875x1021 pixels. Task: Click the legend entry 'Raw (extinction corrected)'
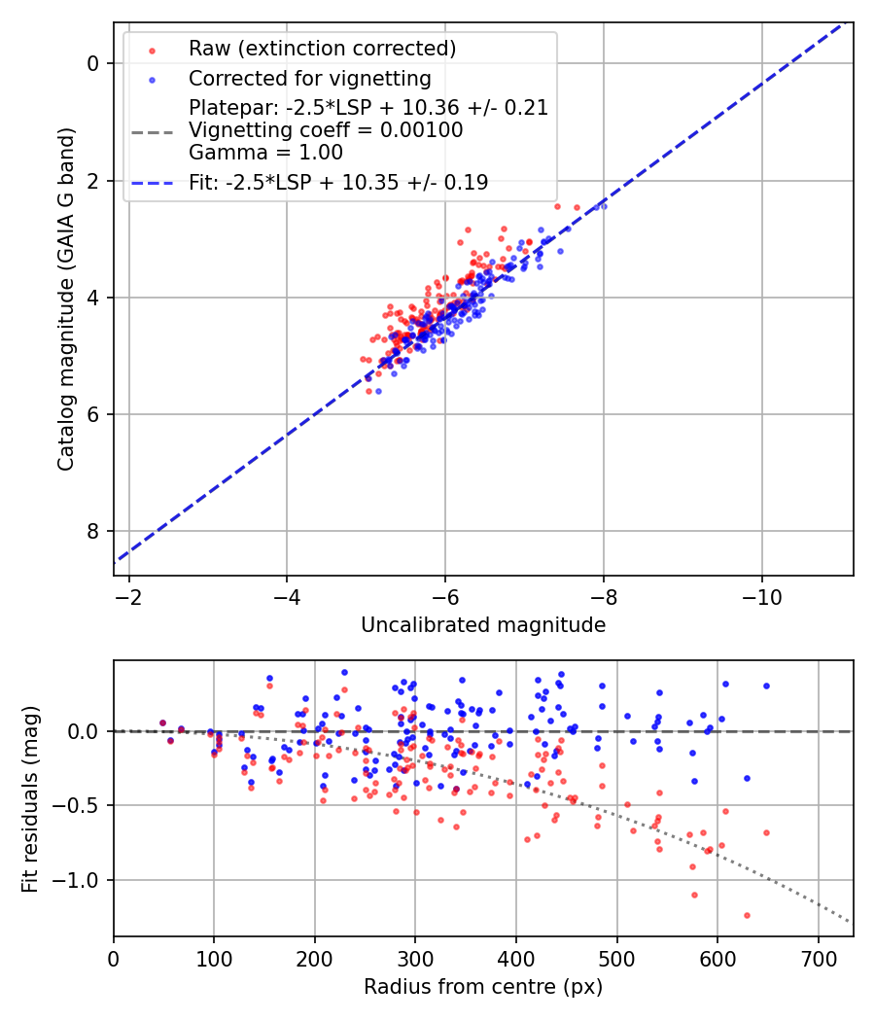tap(322, 49)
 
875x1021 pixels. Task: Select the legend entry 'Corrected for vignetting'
tap(309, 78)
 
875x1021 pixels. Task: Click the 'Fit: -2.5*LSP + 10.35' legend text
tap(338, 182)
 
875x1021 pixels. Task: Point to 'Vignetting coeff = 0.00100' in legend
tap(326, 130)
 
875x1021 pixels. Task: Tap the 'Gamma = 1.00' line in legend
tap(265, 153)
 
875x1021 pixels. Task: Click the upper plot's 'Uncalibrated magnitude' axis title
tap(483, 625)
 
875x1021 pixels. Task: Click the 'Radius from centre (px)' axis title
tap(483, 987)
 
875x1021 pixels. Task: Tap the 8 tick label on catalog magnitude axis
tap(93, 531)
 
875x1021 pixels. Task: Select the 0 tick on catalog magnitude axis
tap(93, 64)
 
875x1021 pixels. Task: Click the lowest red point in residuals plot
tap(747, 915)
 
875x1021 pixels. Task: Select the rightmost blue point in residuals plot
tap(766, 686)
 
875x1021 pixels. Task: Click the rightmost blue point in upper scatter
tap(603, 206)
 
